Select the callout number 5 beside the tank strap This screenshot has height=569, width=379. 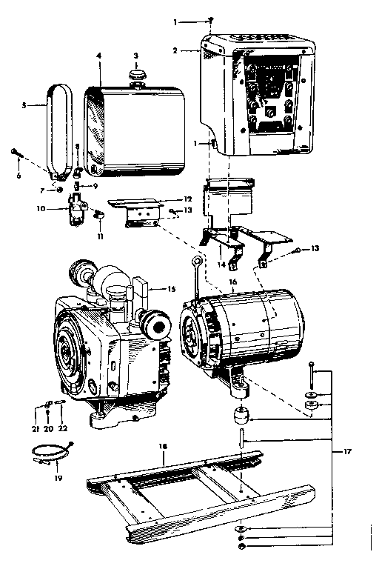(x=24, y=106)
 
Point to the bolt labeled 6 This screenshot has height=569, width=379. (x=15, y=153)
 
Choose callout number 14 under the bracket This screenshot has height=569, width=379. (x=221, y=264)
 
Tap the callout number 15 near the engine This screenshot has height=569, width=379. (x=172, y=288)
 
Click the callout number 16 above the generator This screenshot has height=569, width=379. (x=232, y=282)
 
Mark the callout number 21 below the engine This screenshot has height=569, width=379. (x=36, y=427)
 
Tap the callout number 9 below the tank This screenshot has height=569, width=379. (x=95, y=185)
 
